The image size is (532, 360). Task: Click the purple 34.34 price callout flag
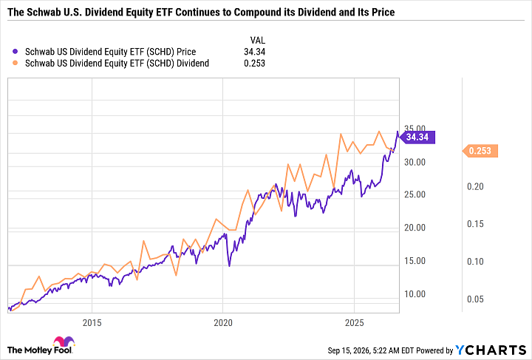pyautogui.click(x=417, y=137)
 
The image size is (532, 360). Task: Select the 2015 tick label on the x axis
pyautogui.click(x=92, y=322)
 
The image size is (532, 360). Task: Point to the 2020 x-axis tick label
pyautogui.click(x=223, y=322)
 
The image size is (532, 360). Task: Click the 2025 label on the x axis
pyautogui.click(x=354, y=322)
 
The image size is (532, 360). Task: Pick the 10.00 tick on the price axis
pyautogui.click(x=415, y=293)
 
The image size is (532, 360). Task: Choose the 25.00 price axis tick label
pyautogui.click(x=415, y=194)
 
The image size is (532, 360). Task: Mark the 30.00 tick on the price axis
pyautogui.click(x=415, y=162)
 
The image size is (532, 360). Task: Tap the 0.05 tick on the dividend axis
pyautogui.click(x=475, y=299)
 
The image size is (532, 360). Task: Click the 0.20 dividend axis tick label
pyautogui.click(x=475, y=186)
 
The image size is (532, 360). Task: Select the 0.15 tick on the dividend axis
pyautogui.click(x=475, y=223)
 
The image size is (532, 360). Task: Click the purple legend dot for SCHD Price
pyautogui.click(x=15, y=52)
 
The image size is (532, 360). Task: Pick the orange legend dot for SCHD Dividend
pyautogui.click(x=15, y=63)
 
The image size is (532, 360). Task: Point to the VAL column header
pyautogui.click(x=258, y=41)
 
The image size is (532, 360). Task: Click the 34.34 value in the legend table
pyautogui.click(x=254, y=52)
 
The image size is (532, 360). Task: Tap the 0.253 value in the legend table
pyautogui.click(x=254, y=63)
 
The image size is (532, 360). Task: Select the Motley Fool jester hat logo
pyautogui.click(x=64, y=342)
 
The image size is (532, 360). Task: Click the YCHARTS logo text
pyautogui.click(x=491, y=350)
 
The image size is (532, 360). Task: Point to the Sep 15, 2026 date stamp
pyautogui.click(x=349, y=350)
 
